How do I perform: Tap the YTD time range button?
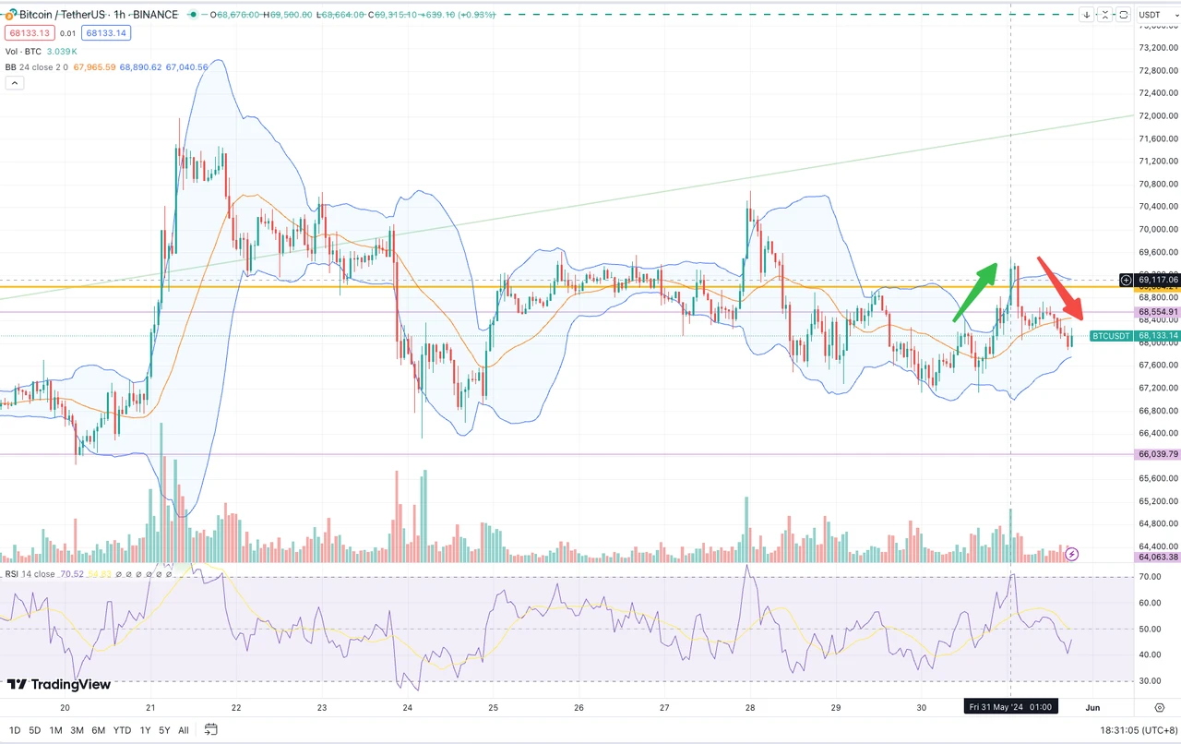pos(122,730)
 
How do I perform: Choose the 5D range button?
pos(34,730)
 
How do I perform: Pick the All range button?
pos(184,730)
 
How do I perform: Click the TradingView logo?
pos(59,684)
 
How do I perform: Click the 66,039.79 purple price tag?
pos(1158,454)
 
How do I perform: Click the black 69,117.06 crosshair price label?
pos(1158,280)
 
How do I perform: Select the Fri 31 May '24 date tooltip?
pos(1010,707)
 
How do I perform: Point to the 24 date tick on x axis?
pos(408,707)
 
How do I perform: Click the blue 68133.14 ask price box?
pos(105,33)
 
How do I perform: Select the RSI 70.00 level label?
pos(1149,577)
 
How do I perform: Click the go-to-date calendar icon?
pos(211,730)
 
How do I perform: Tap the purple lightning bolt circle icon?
pos(1072,554)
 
